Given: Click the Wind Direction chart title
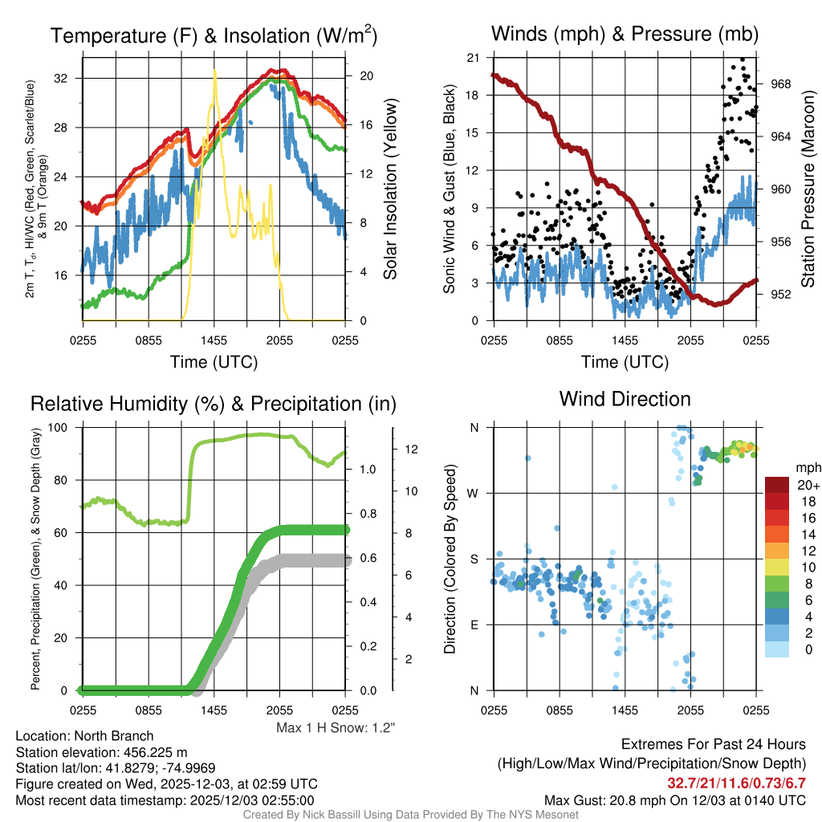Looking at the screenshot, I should [x=625, y=399].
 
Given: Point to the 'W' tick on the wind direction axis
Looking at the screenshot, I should [x=474, y=493].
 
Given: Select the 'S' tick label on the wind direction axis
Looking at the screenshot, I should [x=474, y=559].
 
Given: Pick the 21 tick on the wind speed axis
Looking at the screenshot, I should [x=474, y=58].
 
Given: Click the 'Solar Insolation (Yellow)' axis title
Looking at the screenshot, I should [x=391, y=189].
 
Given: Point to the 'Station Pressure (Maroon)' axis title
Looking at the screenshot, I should [x=808, y=189].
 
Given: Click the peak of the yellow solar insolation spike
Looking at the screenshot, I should [x=214, y=71].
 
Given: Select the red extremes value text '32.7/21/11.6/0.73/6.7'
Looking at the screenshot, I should [x=736, y=783].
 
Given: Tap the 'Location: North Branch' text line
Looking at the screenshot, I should [x=84, y=736].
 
